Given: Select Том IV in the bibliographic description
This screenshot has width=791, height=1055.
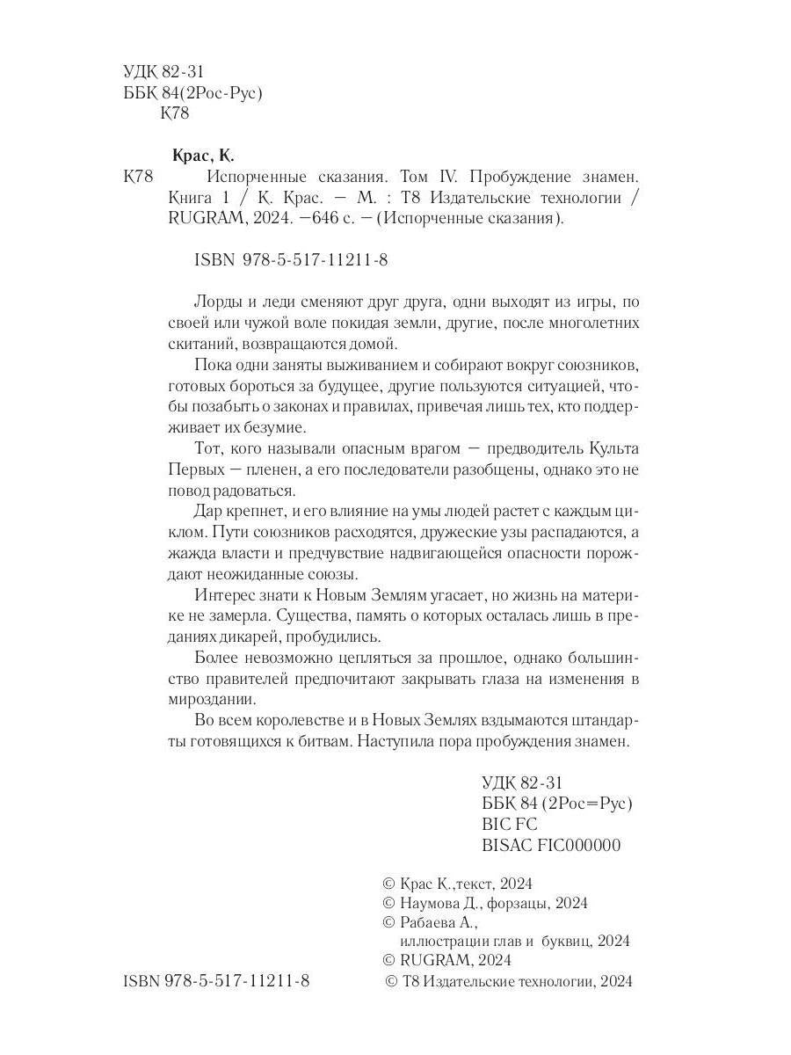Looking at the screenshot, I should point(425,177).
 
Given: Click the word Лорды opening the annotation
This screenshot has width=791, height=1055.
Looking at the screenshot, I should point(214,298).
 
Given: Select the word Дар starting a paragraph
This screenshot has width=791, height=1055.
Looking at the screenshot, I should point(205,513).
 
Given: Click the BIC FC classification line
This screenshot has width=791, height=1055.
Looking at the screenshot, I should point(510,825).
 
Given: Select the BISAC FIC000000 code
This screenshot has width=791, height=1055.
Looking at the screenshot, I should point(552,846).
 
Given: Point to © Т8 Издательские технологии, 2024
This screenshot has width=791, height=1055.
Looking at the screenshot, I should point(509,981).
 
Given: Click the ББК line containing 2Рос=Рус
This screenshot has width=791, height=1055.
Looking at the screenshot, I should point(557,804).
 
